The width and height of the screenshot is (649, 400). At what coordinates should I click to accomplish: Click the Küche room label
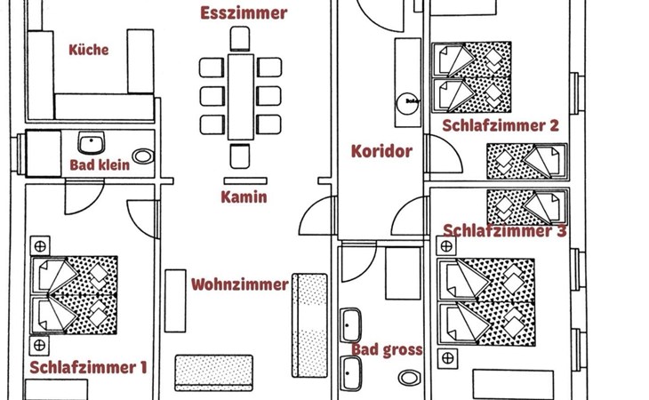coord(89,50)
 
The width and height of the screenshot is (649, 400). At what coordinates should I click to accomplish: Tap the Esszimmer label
coord(244,13)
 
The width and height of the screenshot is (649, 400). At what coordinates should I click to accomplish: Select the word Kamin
coord(244,197)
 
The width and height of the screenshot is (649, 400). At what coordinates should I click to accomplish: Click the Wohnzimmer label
coord(239,284)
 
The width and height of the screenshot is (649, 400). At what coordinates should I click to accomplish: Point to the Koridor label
coord(381,151)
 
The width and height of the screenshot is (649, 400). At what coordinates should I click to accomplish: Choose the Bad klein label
coord(100,164)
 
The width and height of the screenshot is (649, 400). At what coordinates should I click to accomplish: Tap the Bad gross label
coord(387,350)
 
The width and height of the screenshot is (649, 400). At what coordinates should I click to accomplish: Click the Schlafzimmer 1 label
coord(88,367)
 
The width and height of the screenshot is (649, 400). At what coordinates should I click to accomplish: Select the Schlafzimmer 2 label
coord(501,126)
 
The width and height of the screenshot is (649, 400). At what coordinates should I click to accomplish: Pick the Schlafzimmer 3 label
coord(504,231)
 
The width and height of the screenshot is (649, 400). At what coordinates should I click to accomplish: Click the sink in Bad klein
coord(92,143)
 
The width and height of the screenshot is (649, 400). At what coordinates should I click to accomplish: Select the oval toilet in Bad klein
coord(142,156)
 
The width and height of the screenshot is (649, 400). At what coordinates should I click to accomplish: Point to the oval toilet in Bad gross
coord(408,378)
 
